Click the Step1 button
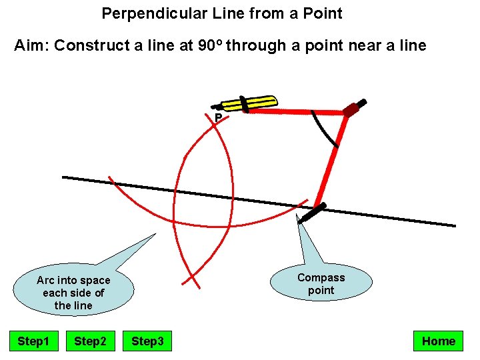pyautogui.click(x=33, y=341)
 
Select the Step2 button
pyautogui.click(x=90, y=341)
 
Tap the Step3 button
pyautogui.click(x=147, y=341)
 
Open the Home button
pyautogui.click(x=438, y=341)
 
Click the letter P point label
pyautogui.click(x=218, y=119)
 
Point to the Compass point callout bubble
pyautogui.click(x=321, y=283)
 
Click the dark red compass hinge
pyautogui.click(x=351, y=110)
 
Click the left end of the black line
pyautogui.click(x=63, y=177)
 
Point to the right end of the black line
pyautogui.click(x=455, y=225)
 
